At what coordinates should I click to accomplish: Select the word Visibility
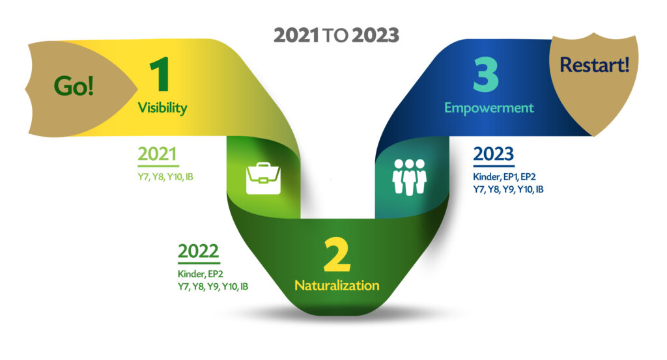[162, 107]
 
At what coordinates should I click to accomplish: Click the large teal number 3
[486, 75]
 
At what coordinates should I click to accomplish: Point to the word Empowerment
[489, 108]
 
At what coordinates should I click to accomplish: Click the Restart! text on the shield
[594, 65]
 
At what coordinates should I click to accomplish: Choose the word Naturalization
[337, 285]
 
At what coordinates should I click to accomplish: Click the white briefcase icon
[263, 178]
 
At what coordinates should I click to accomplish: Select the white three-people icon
[409, 177]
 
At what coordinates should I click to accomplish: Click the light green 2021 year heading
[157, 154]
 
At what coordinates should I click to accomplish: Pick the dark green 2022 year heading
[198, 251]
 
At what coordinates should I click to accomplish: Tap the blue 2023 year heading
[494, 154]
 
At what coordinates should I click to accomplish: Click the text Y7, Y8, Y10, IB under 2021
[165, 177]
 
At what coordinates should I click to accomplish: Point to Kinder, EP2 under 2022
[201, 273]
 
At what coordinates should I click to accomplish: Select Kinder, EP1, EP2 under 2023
[505, 177]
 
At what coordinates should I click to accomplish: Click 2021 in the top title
[296, 35]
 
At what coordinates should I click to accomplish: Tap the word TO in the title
[335, 36]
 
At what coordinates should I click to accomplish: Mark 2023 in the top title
[376, 35]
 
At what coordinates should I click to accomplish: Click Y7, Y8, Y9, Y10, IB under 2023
[508, 189]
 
